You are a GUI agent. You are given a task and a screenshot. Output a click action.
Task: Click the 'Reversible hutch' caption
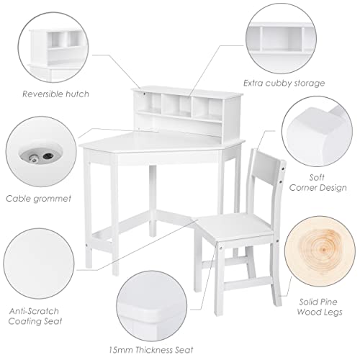pos(50,94)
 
